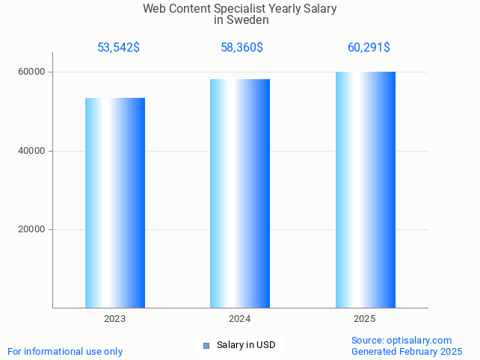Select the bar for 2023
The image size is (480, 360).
point(115,202)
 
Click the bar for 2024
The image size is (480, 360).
point(240,193)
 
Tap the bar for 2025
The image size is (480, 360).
point(365,190)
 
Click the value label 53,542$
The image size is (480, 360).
point(118,48)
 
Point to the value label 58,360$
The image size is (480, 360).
point(241,48)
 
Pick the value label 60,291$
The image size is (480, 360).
point(369,48)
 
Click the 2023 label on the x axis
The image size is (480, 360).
point(115,319)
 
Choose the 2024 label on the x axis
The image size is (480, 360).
point(240,319)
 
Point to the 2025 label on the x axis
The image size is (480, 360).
point(365,319)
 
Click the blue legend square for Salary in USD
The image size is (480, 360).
point(206,345)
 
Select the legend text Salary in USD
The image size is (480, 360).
point(246,345)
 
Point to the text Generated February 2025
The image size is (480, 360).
point(407,352)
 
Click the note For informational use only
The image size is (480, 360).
point(65,352)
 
